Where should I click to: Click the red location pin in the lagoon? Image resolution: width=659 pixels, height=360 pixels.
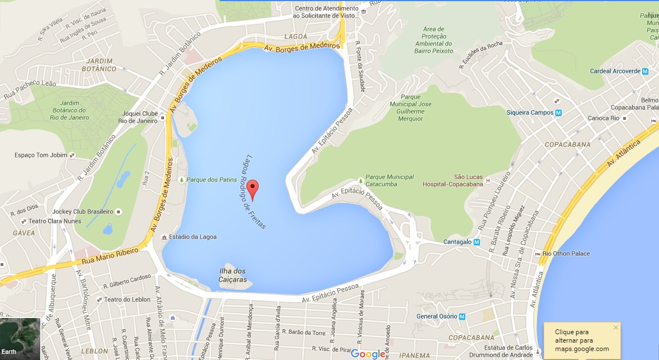pos(253,189)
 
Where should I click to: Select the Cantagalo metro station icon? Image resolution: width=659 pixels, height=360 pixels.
pos(477,242)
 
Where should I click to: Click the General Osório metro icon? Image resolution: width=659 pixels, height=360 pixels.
pos(462,316)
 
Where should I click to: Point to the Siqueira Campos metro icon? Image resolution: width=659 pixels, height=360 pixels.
pos(558,113)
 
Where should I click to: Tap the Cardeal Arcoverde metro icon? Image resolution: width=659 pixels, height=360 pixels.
pos(645,71)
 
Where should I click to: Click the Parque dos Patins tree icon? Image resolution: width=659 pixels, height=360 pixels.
pos(181,180)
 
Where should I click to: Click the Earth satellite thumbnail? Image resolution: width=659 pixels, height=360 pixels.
pos(20,339)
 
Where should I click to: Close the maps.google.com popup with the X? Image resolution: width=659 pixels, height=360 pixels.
pos(616,328)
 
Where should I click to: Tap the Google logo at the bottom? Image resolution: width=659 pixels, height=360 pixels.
pos(368,353)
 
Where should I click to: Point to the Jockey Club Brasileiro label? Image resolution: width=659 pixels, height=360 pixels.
pos(82,212)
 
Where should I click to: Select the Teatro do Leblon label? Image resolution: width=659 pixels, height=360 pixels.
pos(127,300)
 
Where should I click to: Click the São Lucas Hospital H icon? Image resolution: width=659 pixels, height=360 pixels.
pos(488,180)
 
